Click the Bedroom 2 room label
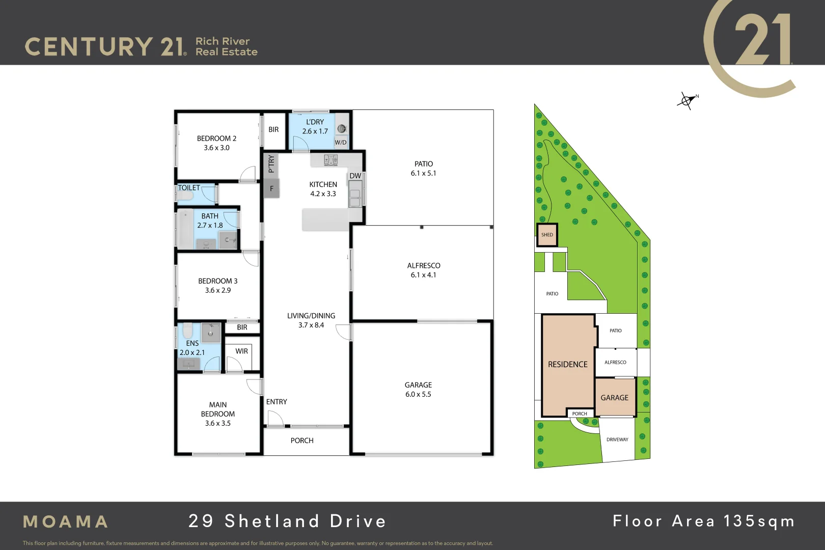(x=216, y=139)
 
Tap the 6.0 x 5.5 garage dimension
(x=418, y=394)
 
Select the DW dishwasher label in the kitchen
(x=355, y=176)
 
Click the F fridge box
(x=271, y=188)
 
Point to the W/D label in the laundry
(x=341, y=143)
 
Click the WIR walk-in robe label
(x=241, y=351)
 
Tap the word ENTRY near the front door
(x=277, y=402)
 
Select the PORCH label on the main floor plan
(x=302, y=441)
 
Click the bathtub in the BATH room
(x=185, y=229)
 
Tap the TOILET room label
(x=189, y=188)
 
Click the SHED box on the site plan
(x=547, y=235)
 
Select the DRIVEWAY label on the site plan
(x=617, y=439)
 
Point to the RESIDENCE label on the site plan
(x=567, y=365)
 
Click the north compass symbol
(x=687, y=100)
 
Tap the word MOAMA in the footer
(x=66, y=521)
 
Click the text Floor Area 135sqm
(x=703, y=521)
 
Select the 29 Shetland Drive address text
(x=287, y=521)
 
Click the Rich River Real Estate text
(x=226, y=46)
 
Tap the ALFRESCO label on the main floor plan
(x=423, y=265)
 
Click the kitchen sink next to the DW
(x=354, y=198)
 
